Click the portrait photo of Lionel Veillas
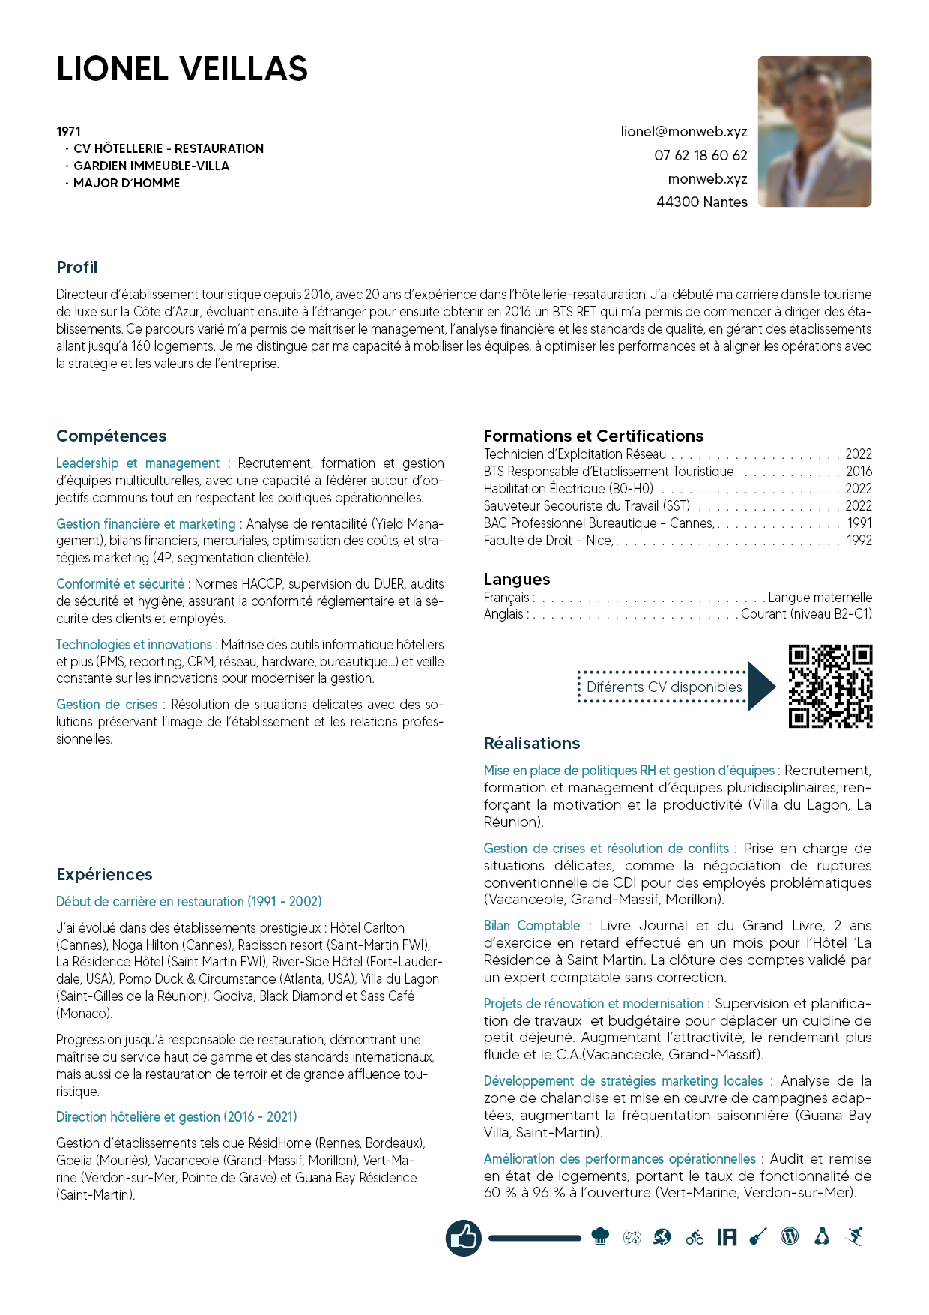[x=814, y=131]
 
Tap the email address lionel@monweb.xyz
[x=683, y=132]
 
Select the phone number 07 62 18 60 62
[x=700, y=155]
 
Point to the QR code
[x=830, y=686]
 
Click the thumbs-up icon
[x=464, y=1237]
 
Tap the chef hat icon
[x=600, y=1237]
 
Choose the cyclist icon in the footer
[x=695, y=1237]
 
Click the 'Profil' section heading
[x=77, y=268]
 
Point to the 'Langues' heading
[x=517, y=579]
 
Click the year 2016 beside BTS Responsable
[x=859, y=472]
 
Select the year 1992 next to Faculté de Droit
[x=859, y=541]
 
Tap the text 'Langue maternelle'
[x=820, y=598]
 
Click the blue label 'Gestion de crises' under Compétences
[x=107, y=705]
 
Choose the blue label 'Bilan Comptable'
[x=532, y=926]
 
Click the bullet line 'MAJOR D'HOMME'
[x=127, y=183]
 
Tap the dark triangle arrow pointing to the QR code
[x=760, y=686]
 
